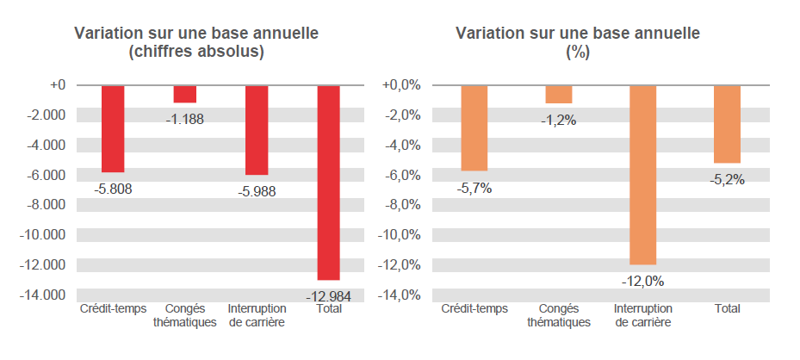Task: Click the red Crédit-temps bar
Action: (x=113, y=128)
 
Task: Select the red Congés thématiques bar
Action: (x=185, y=94)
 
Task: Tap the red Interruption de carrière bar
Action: (x=257, y=130)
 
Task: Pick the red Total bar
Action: (x=329, y=182)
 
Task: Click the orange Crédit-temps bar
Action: (x=474, y=127)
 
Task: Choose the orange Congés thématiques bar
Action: (x=558, y=94)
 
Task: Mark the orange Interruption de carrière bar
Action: (x=642, y=175)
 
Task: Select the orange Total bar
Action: (x=727, y=124)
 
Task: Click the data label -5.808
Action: (x=112, y=189)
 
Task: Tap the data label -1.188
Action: (x=184, y=120)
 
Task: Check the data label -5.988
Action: (x=257, y=191)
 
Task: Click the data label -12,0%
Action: (x=642, y=281)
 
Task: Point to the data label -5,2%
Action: (x=727, y=180)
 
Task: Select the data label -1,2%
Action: (x=558, y=121)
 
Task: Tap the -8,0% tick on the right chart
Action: (x=400, y=205)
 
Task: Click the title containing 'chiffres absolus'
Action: (x=196, y=43)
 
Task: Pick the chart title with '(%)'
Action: (x=577, y=43)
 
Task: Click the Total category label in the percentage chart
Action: (x=727, y=309)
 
